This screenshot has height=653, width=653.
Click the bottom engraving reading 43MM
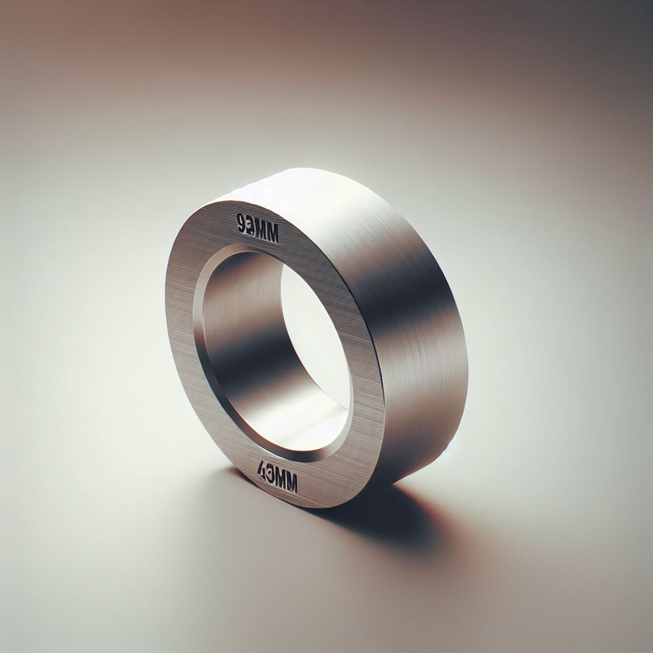[278, 482]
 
